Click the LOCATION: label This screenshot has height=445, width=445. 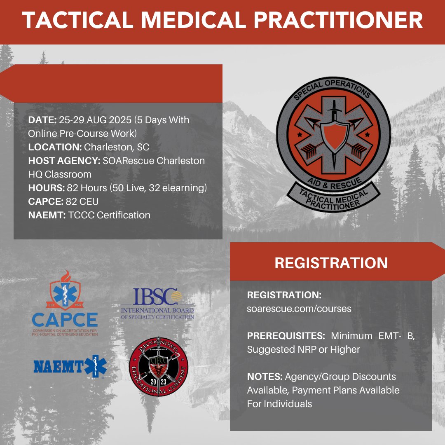[55, 147]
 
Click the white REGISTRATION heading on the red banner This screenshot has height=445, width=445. [331, 263]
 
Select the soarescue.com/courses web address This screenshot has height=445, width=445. [299, 309]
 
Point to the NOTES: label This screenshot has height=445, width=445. [265, 377]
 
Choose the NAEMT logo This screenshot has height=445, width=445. [70, 366]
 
